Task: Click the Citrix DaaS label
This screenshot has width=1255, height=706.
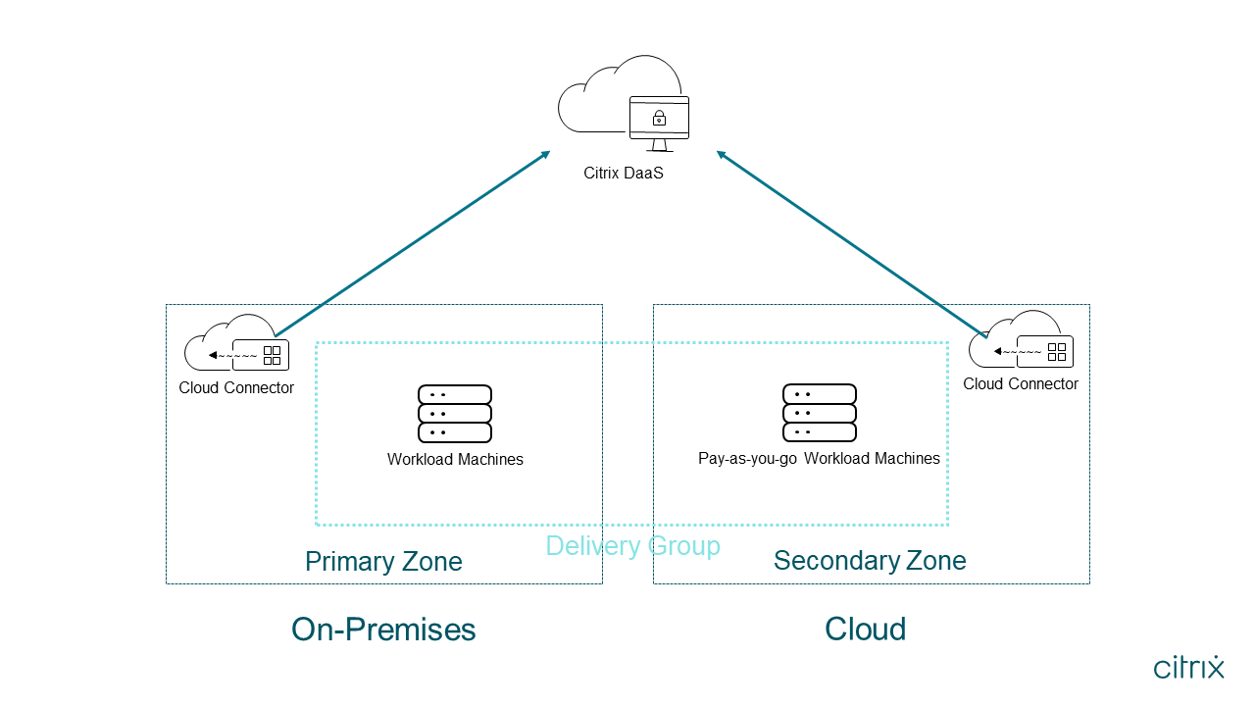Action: click(624, 174)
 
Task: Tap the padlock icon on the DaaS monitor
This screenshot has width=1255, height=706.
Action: click(659, 119)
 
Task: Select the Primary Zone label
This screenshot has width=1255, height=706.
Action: click(383, 562)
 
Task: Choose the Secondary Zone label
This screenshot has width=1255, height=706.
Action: click(870, 561)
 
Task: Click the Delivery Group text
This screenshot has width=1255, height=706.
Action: click(632, 546)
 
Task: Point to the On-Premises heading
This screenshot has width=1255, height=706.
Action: click(383, 630)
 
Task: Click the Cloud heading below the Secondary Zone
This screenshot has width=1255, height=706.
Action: click(865, 630)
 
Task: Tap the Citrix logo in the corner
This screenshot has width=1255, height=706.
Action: click(1188, 668)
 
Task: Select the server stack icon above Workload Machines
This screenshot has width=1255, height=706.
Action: click(455, 414)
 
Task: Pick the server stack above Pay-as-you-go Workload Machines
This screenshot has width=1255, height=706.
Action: click(820, 413)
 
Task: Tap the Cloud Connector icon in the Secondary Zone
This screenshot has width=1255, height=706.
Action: click(1021, 340)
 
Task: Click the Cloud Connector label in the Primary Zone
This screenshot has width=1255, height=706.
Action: click(236, 387)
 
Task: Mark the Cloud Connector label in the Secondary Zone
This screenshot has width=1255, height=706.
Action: click(1021, 384)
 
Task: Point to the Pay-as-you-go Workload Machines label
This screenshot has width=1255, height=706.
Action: click(819, 459)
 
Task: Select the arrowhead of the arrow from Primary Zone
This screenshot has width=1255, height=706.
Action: click(546, 154)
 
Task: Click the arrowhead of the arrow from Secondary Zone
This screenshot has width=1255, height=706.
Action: click(721, 154)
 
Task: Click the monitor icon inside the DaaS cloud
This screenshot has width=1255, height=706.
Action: click(659, 122)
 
